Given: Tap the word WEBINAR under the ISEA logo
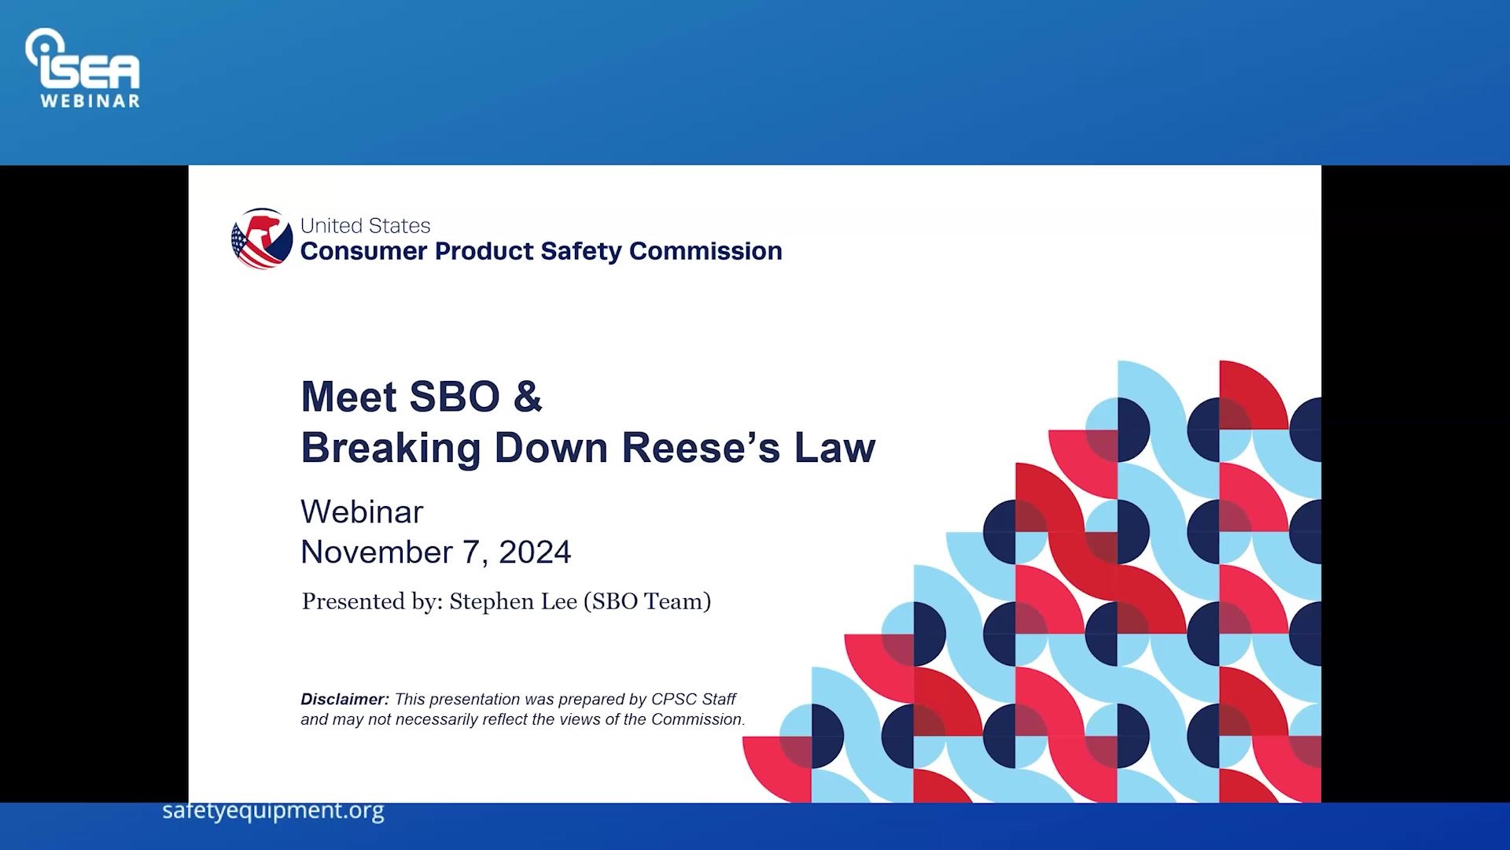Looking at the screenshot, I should point(90,102).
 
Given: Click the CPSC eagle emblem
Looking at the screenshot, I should point(262,238).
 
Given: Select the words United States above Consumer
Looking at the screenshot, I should point(365,226).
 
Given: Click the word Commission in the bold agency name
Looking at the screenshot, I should point(705,251).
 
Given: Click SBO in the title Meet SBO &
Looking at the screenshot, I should point(455,396).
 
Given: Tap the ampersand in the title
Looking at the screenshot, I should point(528,396).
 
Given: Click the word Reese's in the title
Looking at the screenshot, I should point(701,448).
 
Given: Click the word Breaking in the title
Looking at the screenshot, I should point(390,448).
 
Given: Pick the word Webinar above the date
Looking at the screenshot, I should point(362,512).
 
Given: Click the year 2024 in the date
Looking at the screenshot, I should point(535,552).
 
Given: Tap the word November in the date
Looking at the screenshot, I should point(377,552).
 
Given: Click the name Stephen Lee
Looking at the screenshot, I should point(513,601).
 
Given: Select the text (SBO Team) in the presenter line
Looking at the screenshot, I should point(646,601).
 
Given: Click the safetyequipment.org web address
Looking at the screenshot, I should point(273,810).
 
